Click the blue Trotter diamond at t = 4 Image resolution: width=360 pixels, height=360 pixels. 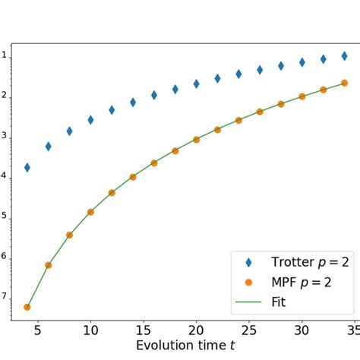point(27,167)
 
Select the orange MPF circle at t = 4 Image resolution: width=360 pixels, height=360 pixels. point(27,307)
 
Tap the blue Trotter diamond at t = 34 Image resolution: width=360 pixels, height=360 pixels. point(344,56)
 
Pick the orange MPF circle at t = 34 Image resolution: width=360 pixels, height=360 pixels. point(344,83)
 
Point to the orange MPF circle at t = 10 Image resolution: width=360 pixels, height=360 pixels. point(90,212)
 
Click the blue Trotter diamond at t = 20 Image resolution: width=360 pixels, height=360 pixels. point(196,84)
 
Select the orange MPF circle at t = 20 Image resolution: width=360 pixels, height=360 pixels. point(196,140)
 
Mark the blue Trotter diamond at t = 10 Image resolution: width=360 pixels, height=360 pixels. point(90,120)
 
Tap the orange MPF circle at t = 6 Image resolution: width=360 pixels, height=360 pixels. point(49,265)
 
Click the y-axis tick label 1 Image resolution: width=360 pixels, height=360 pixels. point(4,55)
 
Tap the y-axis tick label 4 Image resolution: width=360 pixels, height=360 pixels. point(4,175)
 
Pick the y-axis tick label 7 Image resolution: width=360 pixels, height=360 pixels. point(4,295)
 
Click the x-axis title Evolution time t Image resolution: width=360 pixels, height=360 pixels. point(185,346)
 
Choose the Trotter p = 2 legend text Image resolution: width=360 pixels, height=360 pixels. point(310,262)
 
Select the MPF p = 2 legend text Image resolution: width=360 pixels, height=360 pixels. point(299,282)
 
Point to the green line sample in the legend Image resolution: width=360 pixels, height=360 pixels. point(248,302)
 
